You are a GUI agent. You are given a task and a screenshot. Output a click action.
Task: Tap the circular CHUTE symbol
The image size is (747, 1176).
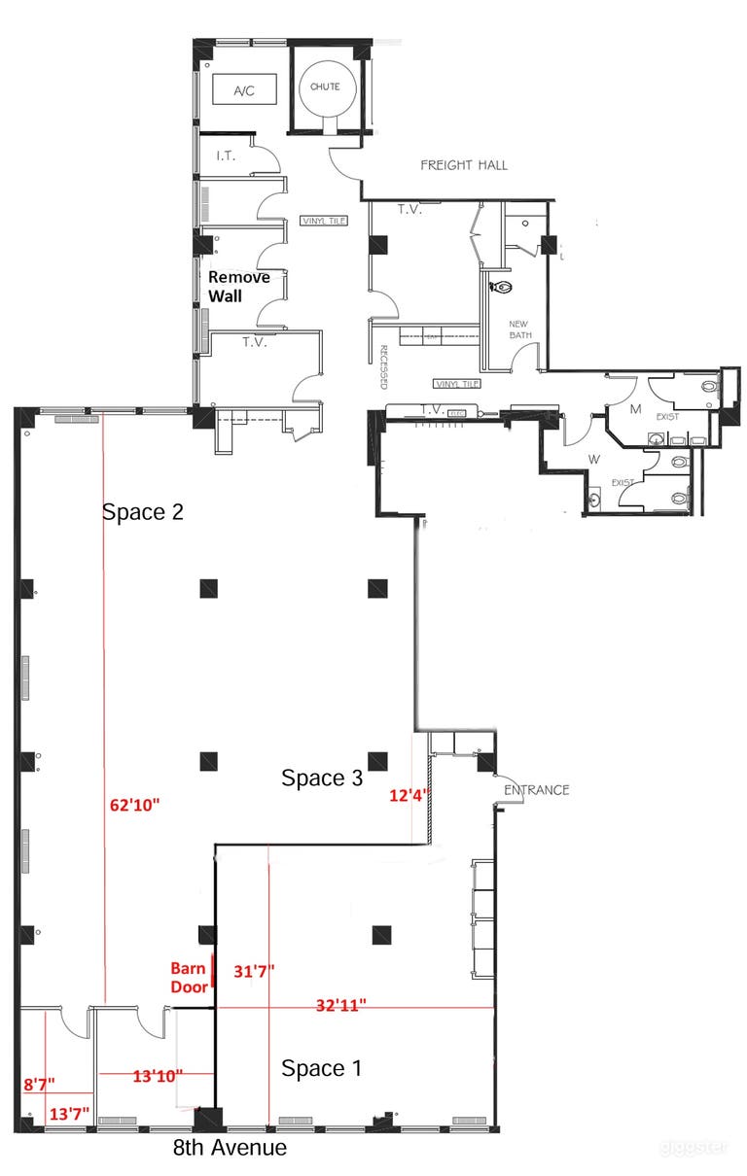point(325,86)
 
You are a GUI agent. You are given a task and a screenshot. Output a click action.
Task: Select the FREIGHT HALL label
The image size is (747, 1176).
point(463,165)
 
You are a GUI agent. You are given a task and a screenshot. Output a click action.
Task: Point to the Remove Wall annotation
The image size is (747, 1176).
point(238,286)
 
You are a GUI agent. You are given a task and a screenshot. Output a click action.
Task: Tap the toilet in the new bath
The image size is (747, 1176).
point(502,288)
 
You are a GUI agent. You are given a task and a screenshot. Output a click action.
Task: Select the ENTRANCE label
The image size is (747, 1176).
point(536,789)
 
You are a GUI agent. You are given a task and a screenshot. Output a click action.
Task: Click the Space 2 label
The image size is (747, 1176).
point(143,511)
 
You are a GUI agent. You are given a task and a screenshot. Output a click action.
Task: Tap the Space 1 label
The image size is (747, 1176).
point(322,1068)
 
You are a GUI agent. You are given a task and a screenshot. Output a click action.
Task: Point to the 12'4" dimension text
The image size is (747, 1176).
point(408,796)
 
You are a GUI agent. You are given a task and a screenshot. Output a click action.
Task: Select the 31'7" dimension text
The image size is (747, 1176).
point(255,970)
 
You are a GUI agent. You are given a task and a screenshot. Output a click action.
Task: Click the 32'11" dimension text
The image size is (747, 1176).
point(347,1006)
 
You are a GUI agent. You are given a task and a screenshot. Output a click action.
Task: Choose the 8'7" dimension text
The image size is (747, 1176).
point(39,1082)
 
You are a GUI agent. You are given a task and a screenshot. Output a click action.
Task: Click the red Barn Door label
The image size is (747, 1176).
point(189,977)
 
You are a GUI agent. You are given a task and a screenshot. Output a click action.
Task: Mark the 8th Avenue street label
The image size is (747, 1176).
point(230,1148)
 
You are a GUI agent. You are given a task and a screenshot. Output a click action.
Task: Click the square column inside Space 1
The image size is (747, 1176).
point(382,935)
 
